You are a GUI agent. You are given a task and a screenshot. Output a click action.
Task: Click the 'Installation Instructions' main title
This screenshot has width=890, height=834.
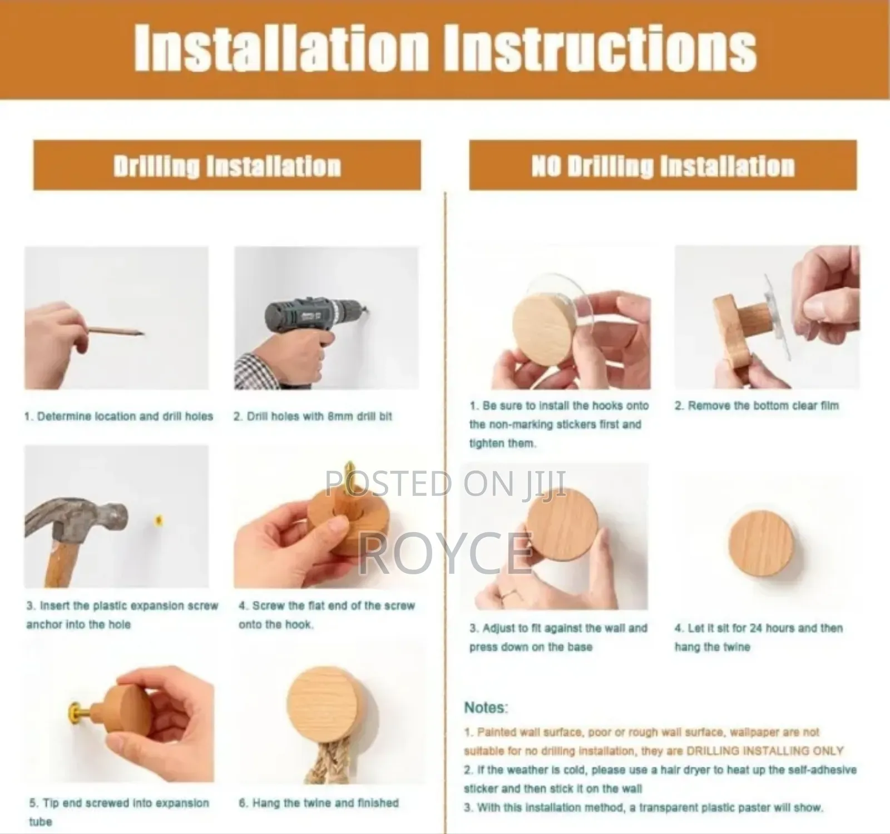tap(445, 50)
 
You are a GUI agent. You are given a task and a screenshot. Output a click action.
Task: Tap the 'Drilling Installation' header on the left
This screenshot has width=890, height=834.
tap(227, 166)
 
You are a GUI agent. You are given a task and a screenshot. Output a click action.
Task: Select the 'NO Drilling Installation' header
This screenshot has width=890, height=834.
tap(662, 166)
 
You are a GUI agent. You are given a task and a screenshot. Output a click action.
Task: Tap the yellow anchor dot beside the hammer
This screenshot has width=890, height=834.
tap(159, 522)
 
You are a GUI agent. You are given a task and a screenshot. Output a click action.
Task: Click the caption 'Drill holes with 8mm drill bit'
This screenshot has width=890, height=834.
tap(313, 416)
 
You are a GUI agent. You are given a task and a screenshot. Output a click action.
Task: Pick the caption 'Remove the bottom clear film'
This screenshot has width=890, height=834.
tap(756, 405)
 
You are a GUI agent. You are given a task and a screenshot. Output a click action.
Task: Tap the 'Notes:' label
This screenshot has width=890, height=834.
tap(486, 708)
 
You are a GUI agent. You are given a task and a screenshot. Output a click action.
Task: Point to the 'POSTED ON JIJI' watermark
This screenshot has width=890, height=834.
tap(446, 483)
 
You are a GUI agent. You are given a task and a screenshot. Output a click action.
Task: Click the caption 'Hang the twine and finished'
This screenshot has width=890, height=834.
tap(319, 803)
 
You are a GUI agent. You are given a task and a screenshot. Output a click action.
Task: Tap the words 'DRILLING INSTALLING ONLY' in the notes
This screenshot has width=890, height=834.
tap(765, 751)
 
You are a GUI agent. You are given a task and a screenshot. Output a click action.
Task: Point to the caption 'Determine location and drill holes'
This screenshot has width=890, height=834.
tap(119, 416)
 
